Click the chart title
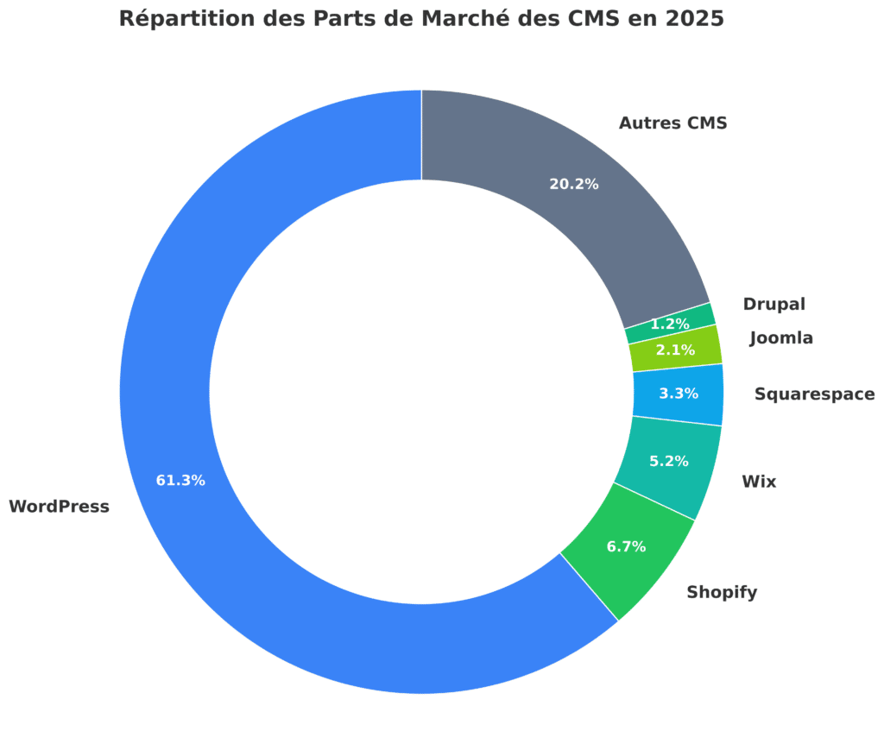[x=421, y=19]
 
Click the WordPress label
[x=59, y=507]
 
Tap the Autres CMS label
[x=672, y=123]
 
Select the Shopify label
[x=722, y=592]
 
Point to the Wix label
[x=759, y=482]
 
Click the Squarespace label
[x=814, y=394]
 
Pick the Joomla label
[x=780, y=338]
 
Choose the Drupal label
[x=773, y=304]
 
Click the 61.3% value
[x=180, y=481]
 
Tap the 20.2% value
[x=574, y=184]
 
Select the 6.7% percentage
[x=627, y=546]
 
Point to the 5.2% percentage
[x=669, y=461]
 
